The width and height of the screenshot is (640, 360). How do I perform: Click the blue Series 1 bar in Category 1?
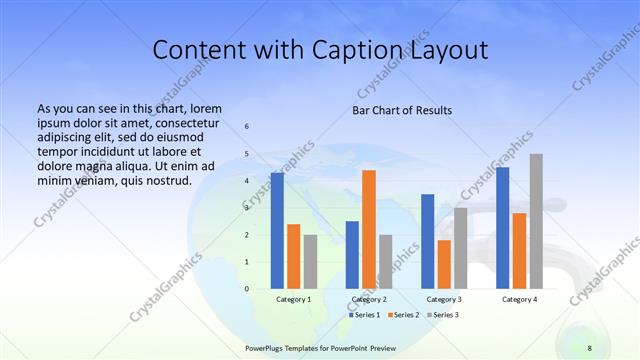[277, 231]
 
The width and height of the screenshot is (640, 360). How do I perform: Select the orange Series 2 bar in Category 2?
[369, 229]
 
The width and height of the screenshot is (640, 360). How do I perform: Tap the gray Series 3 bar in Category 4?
[536, 221]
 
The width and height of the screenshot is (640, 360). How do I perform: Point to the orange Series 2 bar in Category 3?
[444, 264]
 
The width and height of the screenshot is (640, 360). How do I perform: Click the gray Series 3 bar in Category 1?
[310, 262]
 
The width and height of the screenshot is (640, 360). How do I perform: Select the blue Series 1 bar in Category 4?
[502, 228]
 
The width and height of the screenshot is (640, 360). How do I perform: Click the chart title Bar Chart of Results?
[402, 110]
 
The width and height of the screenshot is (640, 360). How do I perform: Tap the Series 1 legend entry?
[364, 315]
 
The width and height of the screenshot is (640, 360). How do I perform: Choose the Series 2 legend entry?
[402, 315]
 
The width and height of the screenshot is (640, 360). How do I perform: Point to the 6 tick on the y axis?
[247, 126]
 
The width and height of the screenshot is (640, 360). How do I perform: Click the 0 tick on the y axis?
[247, 289]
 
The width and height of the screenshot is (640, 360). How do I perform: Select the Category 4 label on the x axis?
[518, 299]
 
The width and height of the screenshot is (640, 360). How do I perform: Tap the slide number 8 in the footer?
[589, 347]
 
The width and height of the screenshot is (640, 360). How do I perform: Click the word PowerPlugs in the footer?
[267, 347]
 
